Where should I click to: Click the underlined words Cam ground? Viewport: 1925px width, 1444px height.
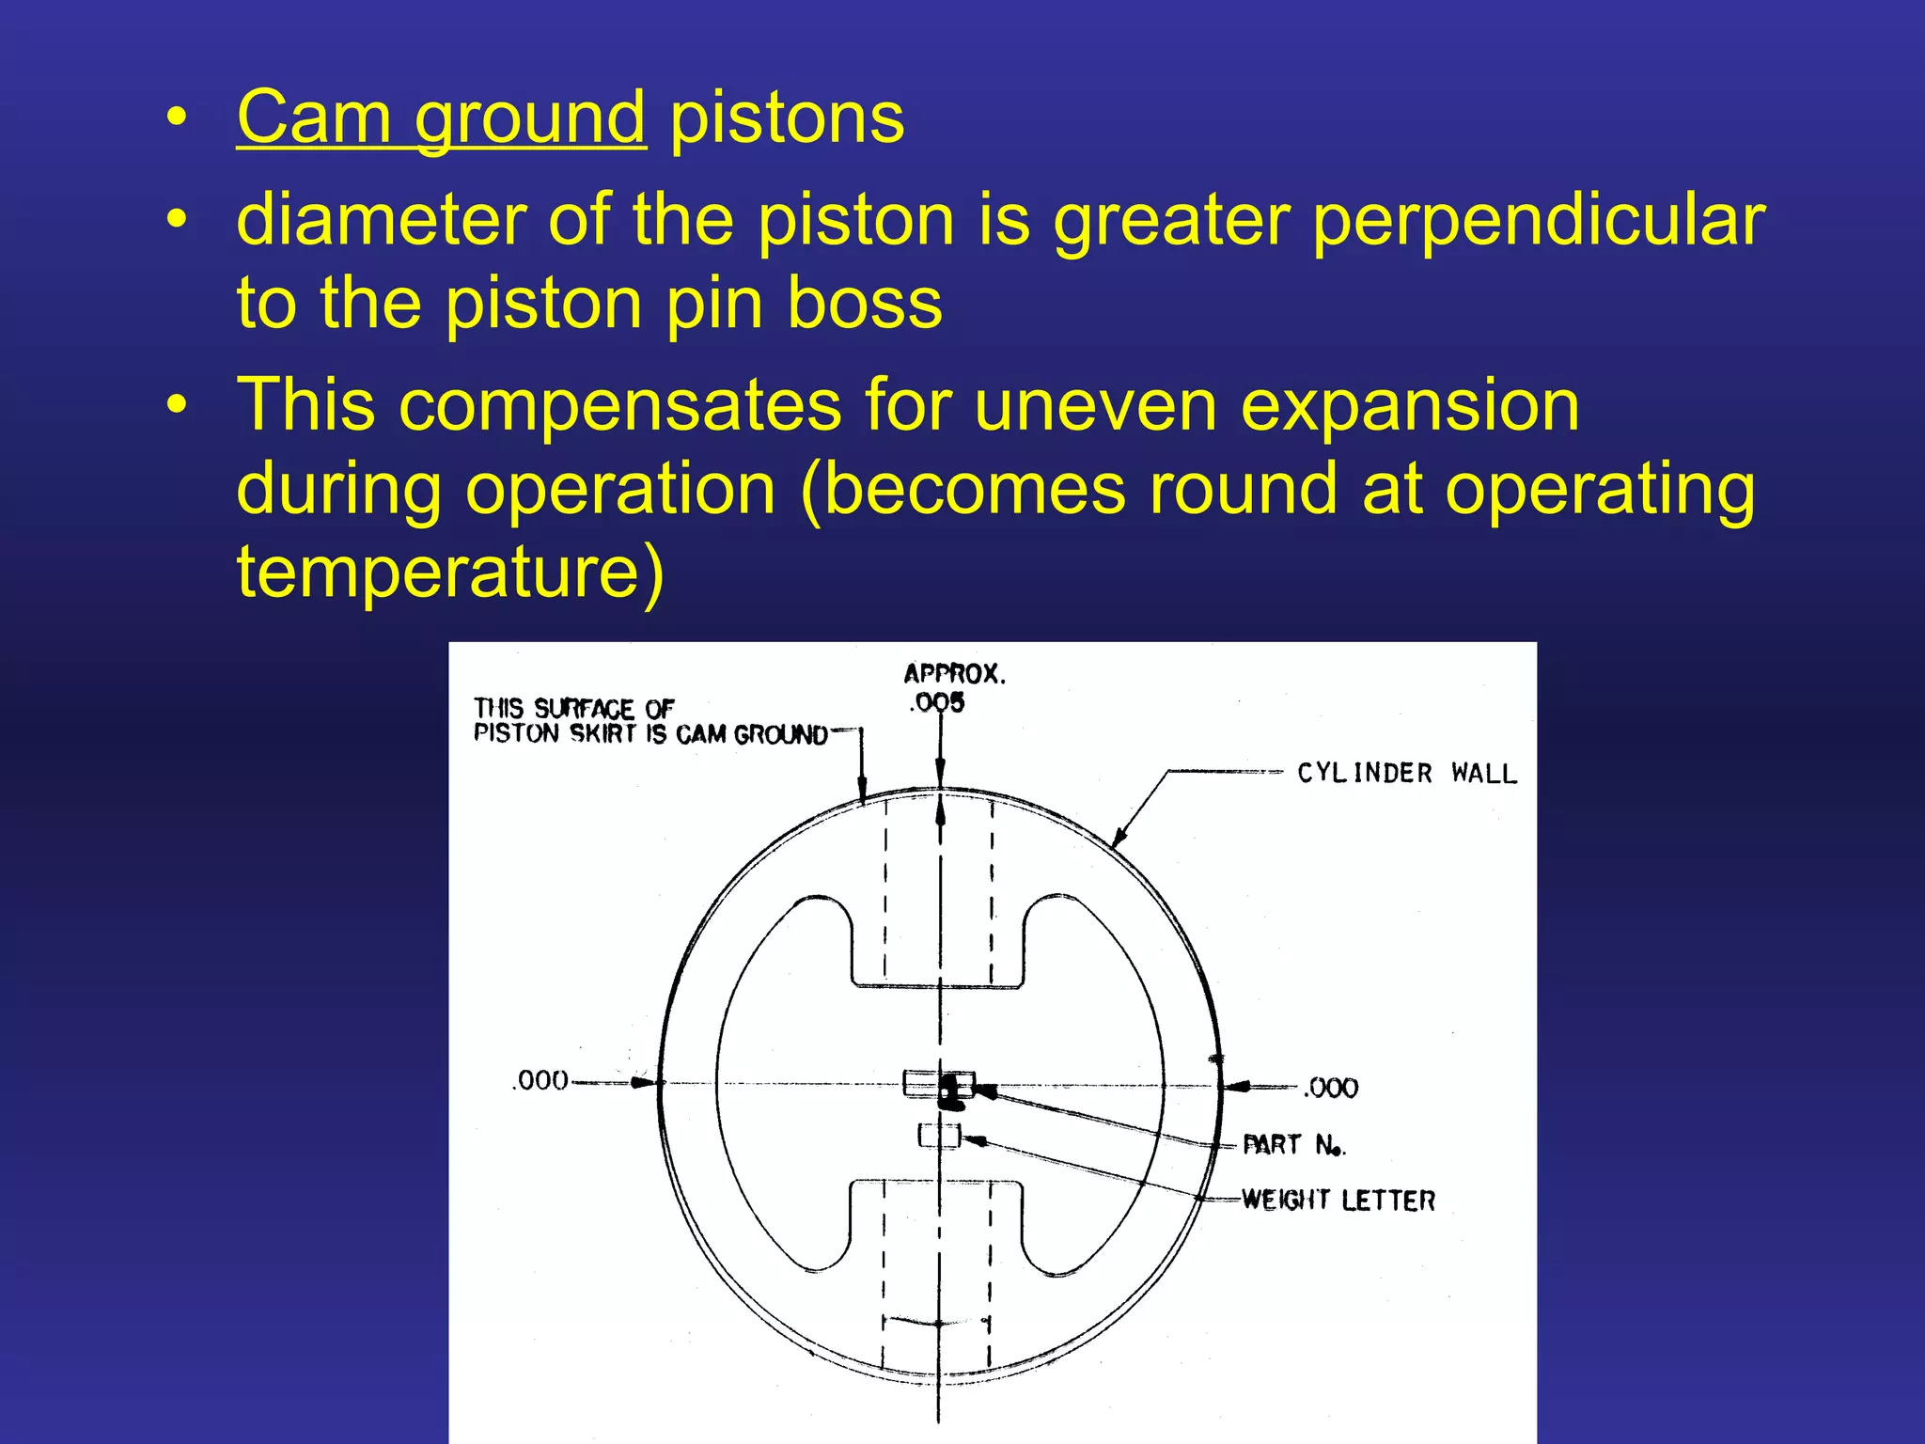click(x=441, y=118)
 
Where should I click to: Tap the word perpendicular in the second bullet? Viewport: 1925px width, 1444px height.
click(x=1539, y=220)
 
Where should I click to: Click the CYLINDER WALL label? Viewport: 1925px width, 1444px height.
click(x=1407, y=774)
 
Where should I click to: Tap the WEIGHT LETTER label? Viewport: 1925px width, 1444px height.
click(x=1338, y=1201)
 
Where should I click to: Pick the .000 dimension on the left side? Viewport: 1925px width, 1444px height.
click(x=540, y=1080)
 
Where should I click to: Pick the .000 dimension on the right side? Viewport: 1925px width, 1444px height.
click(x=1331, y=1088)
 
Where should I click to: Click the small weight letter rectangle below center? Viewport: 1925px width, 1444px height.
click(x=939, y=1137)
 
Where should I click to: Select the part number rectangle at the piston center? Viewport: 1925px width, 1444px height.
click(x=937, y=1084)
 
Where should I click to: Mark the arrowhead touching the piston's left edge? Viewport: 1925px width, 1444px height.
click(x=645, y=1083)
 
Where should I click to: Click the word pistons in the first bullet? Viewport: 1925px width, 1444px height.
click(x=787, y=118)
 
